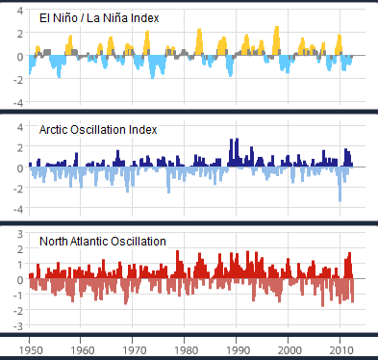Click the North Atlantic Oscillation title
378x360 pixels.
click(102, 240)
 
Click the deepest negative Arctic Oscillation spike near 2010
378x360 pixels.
click(340, 198)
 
